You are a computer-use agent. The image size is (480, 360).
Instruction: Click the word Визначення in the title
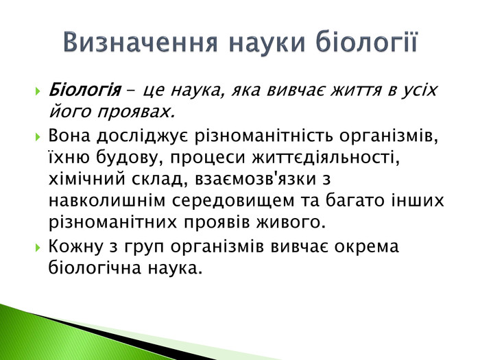(x=140, y=42)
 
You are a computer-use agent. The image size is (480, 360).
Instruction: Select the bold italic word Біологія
(x=84, y=91)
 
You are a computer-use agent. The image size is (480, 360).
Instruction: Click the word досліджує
(x=143, y=137)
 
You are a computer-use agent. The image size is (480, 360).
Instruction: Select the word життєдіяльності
(x=326, y=158)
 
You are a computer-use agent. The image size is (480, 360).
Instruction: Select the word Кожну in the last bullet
(x=76, y=246)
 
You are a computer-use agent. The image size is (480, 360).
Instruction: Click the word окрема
(x=366, y=247)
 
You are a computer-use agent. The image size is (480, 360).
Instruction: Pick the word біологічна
(x=95, y=267)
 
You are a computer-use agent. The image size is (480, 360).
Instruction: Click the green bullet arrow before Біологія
(x=38, y=91)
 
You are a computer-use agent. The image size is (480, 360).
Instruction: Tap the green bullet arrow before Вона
(x=38, y=136)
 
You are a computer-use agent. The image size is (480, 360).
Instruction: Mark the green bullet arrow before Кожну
(x=38, y=247)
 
